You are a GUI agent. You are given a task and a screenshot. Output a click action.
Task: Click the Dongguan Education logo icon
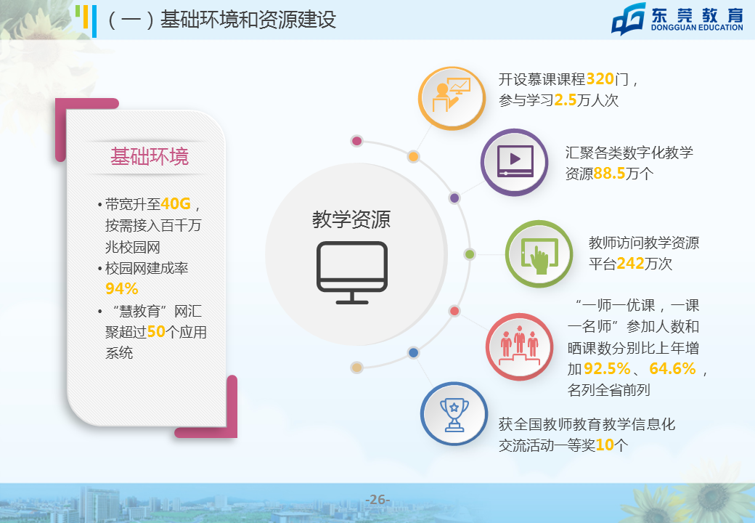point(629,19)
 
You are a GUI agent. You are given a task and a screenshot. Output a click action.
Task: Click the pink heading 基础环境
point(150,156)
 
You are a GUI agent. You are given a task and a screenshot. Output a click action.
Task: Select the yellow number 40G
point(176,203)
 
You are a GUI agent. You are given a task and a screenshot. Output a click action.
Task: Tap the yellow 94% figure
point(122,288)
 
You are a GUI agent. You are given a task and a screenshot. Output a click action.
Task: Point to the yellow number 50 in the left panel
point(156,331)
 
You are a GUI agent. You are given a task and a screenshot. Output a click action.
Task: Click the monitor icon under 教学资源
point(352,272)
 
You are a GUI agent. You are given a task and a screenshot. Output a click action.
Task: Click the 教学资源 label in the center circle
point(351,219)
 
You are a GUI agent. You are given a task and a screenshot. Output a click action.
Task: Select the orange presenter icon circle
point(452,98)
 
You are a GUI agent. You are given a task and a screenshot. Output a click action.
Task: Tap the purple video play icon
point(515,162)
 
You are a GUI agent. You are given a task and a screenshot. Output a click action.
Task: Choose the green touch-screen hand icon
point(539,254)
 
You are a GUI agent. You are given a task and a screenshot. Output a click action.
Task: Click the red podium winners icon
point(519,346)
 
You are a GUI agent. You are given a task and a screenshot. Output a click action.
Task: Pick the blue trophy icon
point(454,414)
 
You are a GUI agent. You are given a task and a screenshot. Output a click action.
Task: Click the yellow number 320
point(600,78)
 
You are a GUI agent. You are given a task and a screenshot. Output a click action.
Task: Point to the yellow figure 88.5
point(609,173)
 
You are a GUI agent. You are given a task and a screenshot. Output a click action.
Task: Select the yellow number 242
point(630,263)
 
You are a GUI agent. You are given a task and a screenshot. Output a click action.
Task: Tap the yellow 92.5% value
point(607,368)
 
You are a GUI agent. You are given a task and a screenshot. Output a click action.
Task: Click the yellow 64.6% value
point(672,368)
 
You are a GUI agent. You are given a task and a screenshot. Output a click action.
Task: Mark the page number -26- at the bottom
point(377,500)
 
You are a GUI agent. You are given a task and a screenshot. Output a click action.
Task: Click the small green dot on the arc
point(470,254)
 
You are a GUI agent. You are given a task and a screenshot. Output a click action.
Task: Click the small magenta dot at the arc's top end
point(356,141)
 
